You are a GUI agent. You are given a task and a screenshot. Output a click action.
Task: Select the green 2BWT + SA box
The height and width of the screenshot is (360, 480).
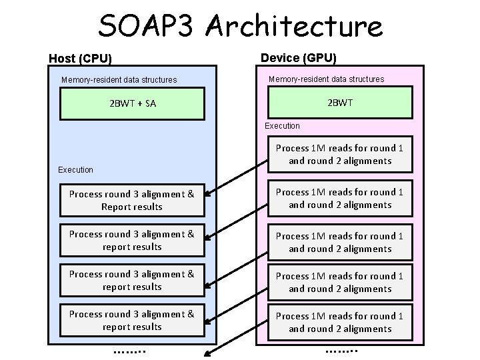coord(132,103)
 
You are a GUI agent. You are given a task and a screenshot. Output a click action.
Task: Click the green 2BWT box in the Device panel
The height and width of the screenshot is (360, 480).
coord(340,103)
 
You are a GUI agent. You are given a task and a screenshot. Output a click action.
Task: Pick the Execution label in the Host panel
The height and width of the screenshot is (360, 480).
coord(75,170)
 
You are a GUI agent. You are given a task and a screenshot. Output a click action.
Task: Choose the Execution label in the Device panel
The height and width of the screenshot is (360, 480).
coord(282,125)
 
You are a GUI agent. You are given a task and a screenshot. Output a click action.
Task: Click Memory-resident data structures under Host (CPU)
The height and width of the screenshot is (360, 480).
coord(119,80)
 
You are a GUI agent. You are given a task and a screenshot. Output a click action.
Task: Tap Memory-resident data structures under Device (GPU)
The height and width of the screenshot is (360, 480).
coord(326,79)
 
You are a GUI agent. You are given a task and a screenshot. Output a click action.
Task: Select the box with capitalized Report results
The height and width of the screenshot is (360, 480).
coord(132,201)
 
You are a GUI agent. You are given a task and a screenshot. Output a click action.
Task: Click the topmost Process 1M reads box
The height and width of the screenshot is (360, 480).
coord(340,155)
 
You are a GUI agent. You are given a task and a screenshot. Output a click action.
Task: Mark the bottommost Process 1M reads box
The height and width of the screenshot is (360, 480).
coord(340,323)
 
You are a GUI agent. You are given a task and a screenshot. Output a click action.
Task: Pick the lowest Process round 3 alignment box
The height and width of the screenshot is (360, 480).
coord(132,321)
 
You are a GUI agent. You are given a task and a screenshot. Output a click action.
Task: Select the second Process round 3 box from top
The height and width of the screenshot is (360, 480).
coord(132,241)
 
